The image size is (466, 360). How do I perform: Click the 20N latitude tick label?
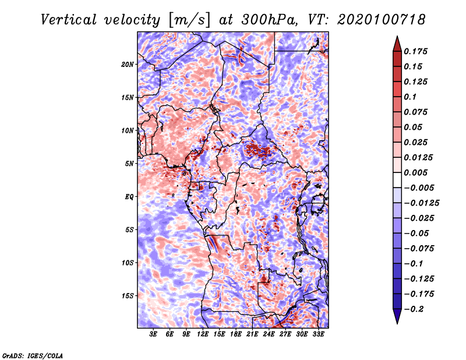(x=128, y=65)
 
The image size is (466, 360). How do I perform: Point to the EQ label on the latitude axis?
(x=129, y=197)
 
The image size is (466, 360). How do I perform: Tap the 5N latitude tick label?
(x=129, y=164)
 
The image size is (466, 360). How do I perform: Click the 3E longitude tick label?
(x=153, y=334)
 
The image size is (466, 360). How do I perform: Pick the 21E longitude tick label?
(x=252, y=334)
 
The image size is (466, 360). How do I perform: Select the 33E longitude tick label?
(x=318, y=334)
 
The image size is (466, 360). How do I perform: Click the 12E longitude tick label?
(x=203, y=334)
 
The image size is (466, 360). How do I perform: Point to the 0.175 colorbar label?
(x=415, y=51)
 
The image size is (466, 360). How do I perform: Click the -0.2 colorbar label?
(x=414, y=309)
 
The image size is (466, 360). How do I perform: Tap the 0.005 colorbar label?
(x=415, y=172)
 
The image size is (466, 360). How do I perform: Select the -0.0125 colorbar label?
(x=421, y=203)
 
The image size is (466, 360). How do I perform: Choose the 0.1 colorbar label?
(x=410, y=97)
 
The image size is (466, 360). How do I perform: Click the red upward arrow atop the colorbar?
(x=397, y=44)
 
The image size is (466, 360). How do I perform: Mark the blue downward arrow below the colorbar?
(x=397, y=316)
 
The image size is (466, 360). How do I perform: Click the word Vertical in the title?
(x=68, y=20)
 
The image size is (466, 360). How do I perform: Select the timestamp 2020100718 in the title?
(x=382, y=20)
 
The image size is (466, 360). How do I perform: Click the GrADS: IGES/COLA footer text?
(x=33, y=356)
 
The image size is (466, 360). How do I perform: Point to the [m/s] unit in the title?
(x=189, y=20)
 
